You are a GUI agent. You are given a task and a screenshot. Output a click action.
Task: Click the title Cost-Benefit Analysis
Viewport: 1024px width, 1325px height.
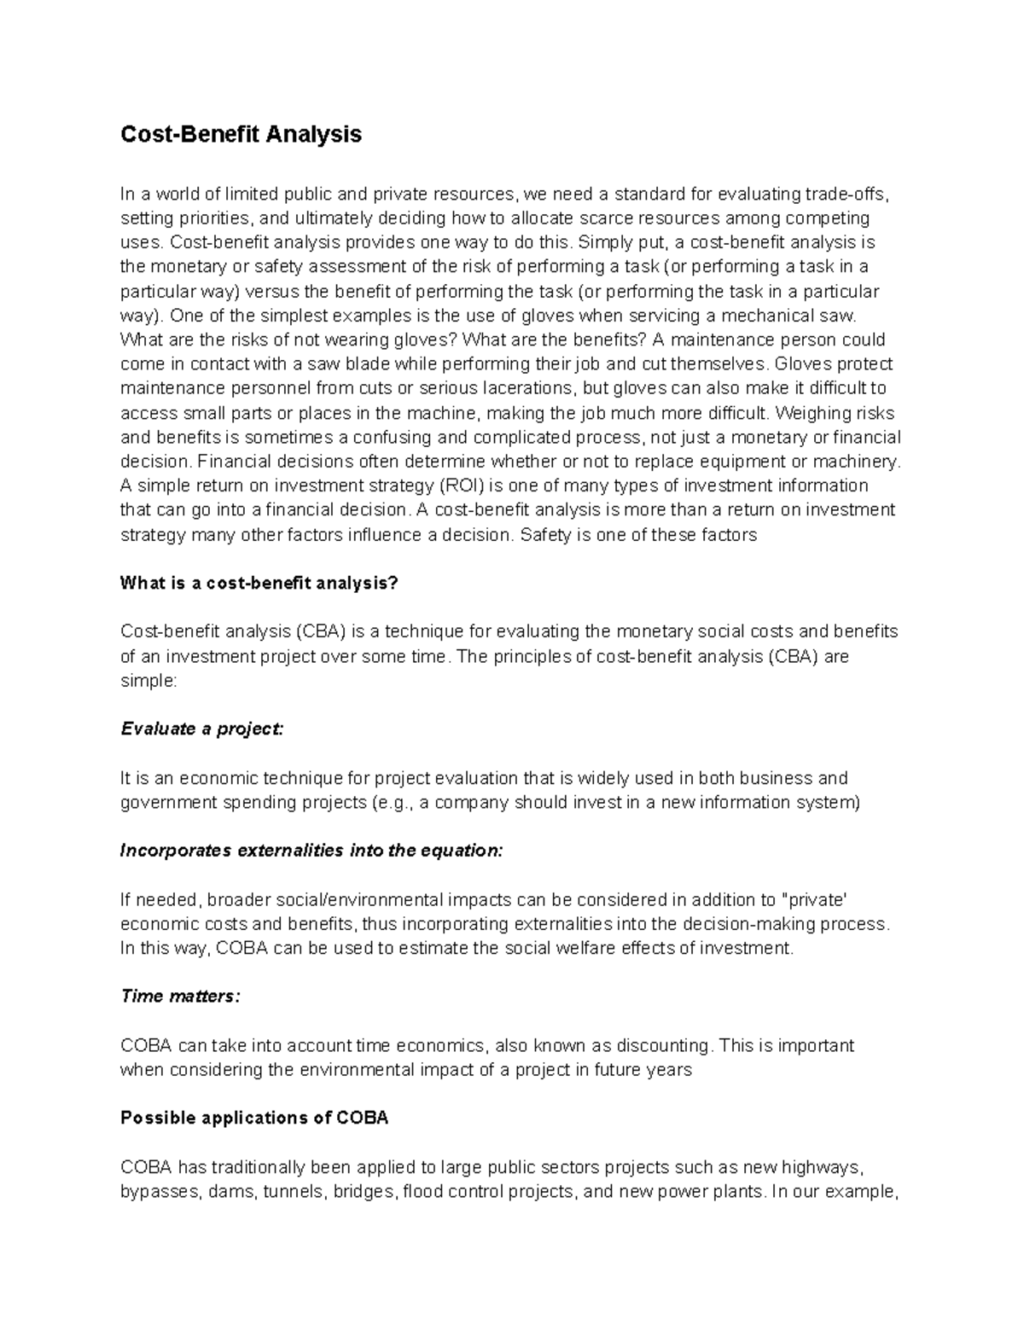(x=241, y=135)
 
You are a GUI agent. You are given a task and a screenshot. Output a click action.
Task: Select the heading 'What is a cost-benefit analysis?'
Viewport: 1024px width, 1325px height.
(x=259, y=584)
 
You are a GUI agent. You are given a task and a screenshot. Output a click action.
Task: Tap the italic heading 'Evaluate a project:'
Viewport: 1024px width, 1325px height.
(x=201, y=729)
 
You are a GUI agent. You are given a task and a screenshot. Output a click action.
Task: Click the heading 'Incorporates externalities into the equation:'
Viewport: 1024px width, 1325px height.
(x=311, y=851)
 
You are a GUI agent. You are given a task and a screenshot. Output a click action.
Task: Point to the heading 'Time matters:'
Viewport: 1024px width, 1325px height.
(x=180, y=997)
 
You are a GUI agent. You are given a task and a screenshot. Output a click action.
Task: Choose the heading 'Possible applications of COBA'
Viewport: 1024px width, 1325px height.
(x=254, y=1119)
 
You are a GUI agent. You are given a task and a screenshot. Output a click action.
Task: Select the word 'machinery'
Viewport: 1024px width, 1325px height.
(x=858, y=462)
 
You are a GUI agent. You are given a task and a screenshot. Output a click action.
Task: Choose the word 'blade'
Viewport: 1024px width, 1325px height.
(x=355, y=364)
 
